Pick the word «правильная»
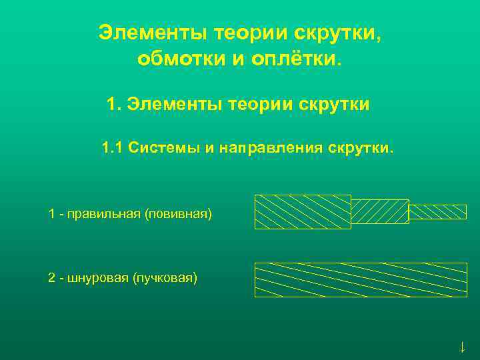click(107, 214)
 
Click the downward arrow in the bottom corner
click(462, 347)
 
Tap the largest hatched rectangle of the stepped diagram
click(303, 211)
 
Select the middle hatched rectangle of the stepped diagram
click(379, 211)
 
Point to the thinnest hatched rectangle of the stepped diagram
click(437, 211)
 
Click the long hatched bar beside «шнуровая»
click(361, 279)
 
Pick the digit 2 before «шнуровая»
click(51, 277)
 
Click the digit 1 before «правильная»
click(51, 214)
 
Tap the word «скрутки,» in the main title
click(339, 33)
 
